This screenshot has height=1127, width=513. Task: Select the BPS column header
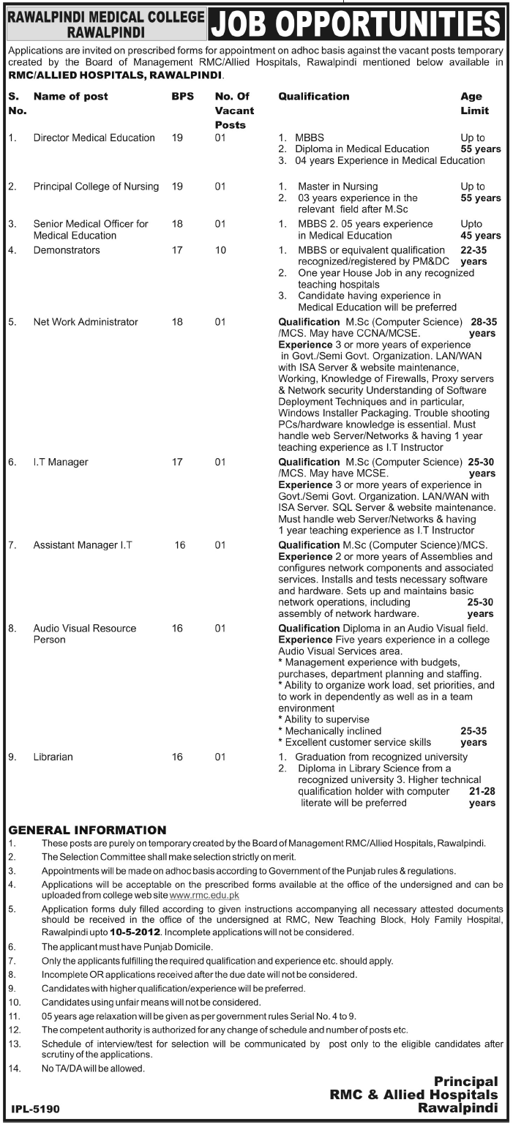180,97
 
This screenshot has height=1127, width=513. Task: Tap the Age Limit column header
474,103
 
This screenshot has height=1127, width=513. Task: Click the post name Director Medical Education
94,138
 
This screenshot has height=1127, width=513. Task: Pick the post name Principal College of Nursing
96,187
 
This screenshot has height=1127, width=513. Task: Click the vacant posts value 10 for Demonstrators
220,250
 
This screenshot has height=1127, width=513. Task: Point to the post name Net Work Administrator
86,321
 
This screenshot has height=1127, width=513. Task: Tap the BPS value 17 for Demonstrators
177,250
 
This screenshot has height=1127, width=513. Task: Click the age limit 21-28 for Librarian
482,797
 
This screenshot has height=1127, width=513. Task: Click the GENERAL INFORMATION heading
87,830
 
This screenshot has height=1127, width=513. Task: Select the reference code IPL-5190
36,1109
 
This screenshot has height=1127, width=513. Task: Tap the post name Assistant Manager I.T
83,544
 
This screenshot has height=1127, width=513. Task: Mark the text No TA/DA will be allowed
94,1068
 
